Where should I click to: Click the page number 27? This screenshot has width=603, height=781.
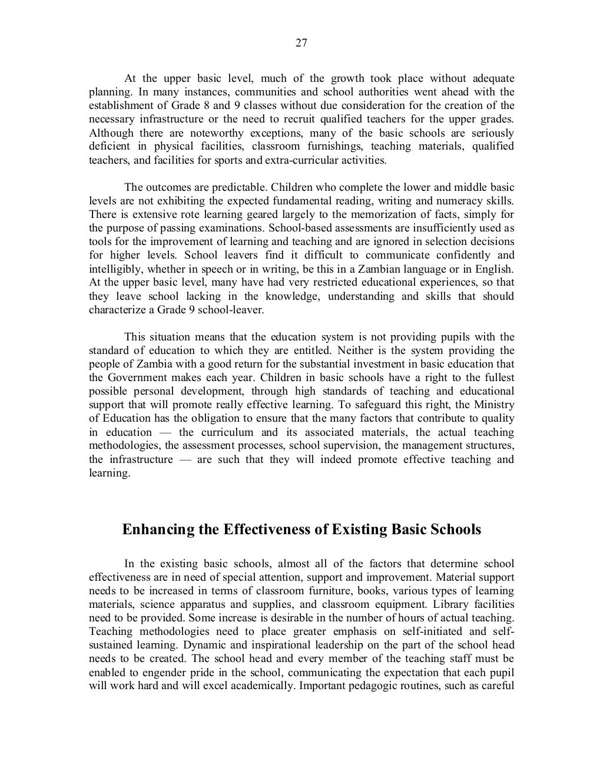(x=301, y=43)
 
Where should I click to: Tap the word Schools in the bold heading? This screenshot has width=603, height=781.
(x=455, y=529)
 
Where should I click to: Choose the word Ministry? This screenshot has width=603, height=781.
(x=494, y=405)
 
